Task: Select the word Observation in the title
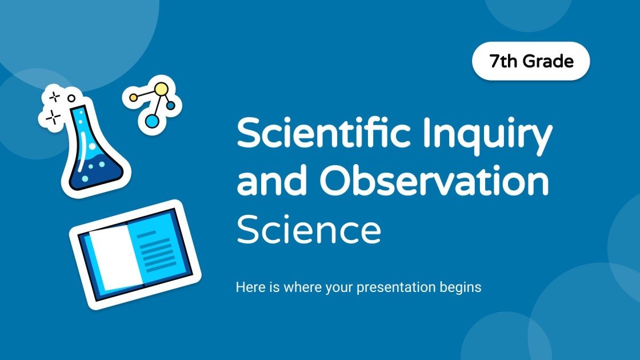coord(434,182)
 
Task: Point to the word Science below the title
coord(309,230)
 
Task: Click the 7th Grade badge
coord(531,61)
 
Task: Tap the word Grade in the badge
coord(548,61)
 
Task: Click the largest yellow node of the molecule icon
coord(162,89)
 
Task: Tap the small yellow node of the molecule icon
coord(134,98)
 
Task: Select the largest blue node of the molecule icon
coord(151,121)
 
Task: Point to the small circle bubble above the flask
coord(71,98)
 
